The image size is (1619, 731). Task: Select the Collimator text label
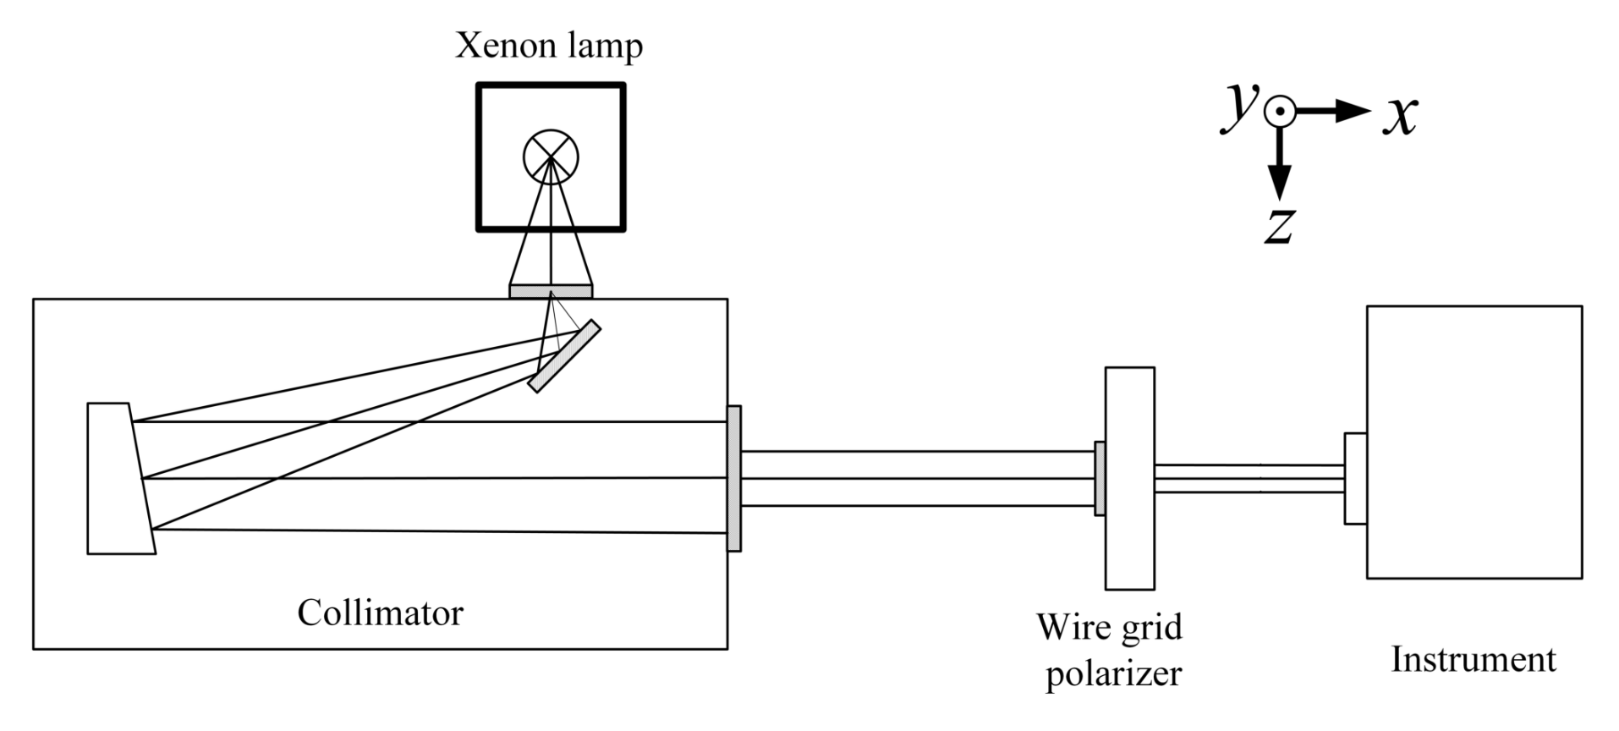point(380,613)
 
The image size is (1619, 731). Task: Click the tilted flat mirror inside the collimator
point(564,355)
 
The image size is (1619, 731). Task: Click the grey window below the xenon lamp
point(551,291)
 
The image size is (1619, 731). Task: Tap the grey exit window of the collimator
point(734,479)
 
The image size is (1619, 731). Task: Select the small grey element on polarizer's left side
point(1100,479)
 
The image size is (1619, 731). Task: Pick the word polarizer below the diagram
point(1113,674)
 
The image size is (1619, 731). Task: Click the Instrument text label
point(1473,659)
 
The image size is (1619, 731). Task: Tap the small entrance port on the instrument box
point(1355,479)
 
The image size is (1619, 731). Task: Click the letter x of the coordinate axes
point(1400,114)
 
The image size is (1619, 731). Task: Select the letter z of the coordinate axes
point(1280,225)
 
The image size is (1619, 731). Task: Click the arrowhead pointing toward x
point(1353,111)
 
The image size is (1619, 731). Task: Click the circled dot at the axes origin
point(1280,111)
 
